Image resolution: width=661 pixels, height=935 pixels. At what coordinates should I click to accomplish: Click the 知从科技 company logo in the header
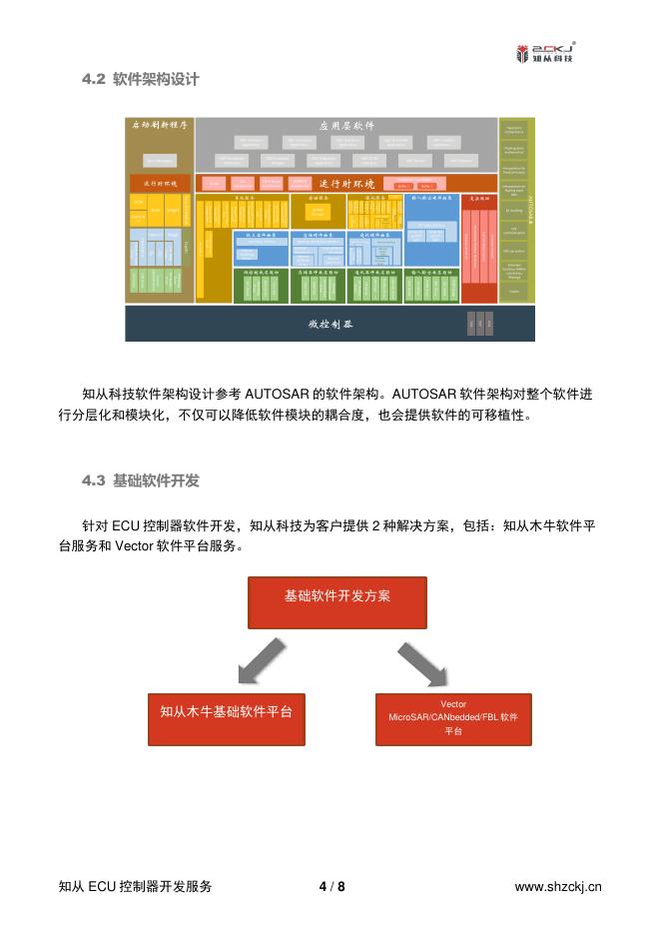pos(546,52)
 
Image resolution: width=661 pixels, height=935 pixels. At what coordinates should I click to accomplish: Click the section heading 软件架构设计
pos(156,79)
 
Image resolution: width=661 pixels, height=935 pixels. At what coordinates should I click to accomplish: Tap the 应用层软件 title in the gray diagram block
pos(346,126)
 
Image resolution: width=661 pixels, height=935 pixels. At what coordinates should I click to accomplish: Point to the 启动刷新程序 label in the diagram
pos(160,126)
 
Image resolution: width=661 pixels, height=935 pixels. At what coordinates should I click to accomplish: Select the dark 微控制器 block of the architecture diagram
pos(330,324)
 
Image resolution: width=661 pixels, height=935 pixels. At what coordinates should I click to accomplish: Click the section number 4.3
pos(94,480)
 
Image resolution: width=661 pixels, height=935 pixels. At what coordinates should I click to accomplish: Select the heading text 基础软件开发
pos(157,480)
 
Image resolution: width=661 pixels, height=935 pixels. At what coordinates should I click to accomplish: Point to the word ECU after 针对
pos(123,524)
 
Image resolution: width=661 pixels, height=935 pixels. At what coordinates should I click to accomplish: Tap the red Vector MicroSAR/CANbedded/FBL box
pos(452,718)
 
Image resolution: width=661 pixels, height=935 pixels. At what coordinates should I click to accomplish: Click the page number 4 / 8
pos(330,887)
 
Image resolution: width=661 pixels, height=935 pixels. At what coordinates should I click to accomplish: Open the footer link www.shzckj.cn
pos(557,887)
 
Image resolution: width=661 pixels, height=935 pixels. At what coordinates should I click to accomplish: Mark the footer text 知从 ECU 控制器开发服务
pos(135,887)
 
